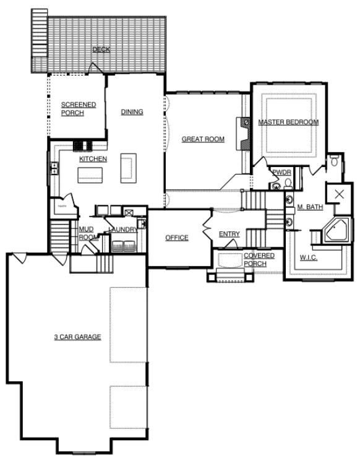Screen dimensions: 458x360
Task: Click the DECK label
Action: [101, 50]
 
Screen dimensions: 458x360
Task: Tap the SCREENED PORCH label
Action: [78, 108]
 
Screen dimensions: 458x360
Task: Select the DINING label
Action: [132, 112]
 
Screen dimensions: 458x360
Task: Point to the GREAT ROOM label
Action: [203, 139]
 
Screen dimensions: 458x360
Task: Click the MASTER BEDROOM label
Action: [288, 123]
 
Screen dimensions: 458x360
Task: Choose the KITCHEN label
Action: [93, 159]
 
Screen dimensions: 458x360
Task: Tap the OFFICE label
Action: [176, 238]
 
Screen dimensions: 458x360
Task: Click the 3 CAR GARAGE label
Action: [77, 337]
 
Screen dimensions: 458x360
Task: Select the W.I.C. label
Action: [309, 257]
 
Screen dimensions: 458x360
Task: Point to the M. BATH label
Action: [310, 207]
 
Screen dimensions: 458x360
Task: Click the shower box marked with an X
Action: [338, 194]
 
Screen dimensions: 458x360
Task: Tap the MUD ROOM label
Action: [86, 233]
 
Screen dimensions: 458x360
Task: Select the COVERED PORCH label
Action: [254, 259]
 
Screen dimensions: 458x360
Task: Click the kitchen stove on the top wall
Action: [83, 147]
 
